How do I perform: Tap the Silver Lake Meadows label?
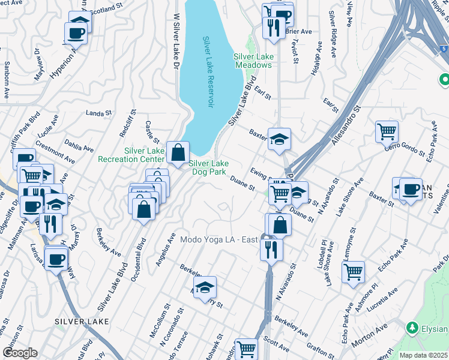[253, 61]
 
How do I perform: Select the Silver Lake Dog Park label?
[208, 167]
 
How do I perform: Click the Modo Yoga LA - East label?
[219, 240]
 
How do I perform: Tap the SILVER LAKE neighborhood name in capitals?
[82, 322]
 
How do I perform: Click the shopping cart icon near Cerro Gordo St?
[387, 131]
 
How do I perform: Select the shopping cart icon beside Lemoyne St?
[354, 271]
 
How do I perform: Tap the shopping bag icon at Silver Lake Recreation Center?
[178, 152]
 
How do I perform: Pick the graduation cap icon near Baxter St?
[279, 139]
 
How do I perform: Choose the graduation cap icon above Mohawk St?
[205, 286]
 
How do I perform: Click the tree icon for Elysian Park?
[412, 328]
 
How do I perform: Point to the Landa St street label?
[99, 112]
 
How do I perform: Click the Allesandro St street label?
[343, 127]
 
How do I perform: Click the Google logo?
[19, 353]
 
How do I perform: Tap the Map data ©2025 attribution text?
[423, 355]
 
